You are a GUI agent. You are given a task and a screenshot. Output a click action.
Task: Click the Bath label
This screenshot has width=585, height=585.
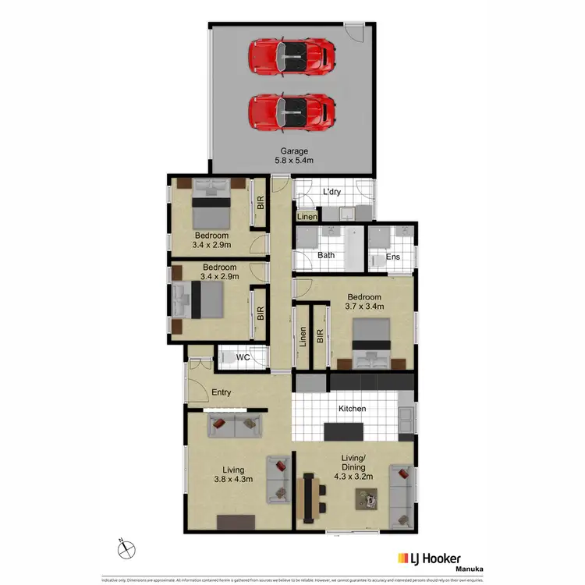click(x=326, y=256)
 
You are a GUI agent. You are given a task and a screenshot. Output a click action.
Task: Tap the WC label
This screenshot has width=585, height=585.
click(x=243, y=358)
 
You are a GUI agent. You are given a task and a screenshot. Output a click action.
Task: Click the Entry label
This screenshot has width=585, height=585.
click(x=223, y=392)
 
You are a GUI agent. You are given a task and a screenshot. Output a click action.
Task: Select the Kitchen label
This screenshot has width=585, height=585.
click(x=352, y=409)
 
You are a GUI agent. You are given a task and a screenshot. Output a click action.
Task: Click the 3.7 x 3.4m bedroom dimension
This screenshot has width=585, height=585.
click(x=364, y=307)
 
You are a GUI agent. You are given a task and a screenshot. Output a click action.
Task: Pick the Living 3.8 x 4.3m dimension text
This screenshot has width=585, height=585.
click(x=233, y=481)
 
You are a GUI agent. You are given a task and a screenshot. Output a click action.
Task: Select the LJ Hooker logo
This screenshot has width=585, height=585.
click(x=430, y=558)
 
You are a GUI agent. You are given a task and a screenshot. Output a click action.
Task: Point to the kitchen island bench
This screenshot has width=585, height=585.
click(x=344, y=431)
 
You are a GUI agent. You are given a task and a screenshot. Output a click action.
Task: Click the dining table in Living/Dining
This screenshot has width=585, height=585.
click(x=311, y=495)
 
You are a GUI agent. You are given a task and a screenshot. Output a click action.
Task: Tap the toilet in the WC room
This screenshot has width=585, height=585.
click(x=226, y=358)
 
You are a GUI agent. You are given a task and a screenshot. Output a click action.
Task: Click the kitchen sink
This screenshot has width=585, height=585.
click(x=406, y=422)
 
